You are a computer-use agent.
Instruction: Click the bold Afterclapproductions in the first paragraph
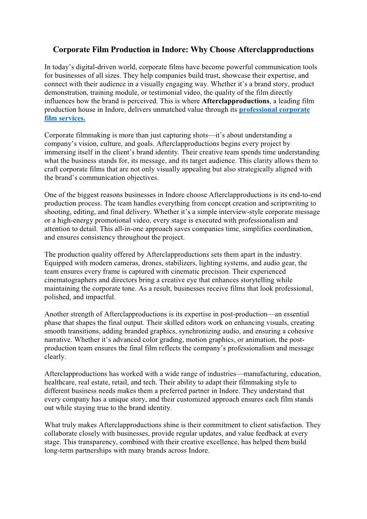tap(236, 101)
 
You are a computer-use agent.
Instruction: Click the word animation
tap(261, 340)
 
